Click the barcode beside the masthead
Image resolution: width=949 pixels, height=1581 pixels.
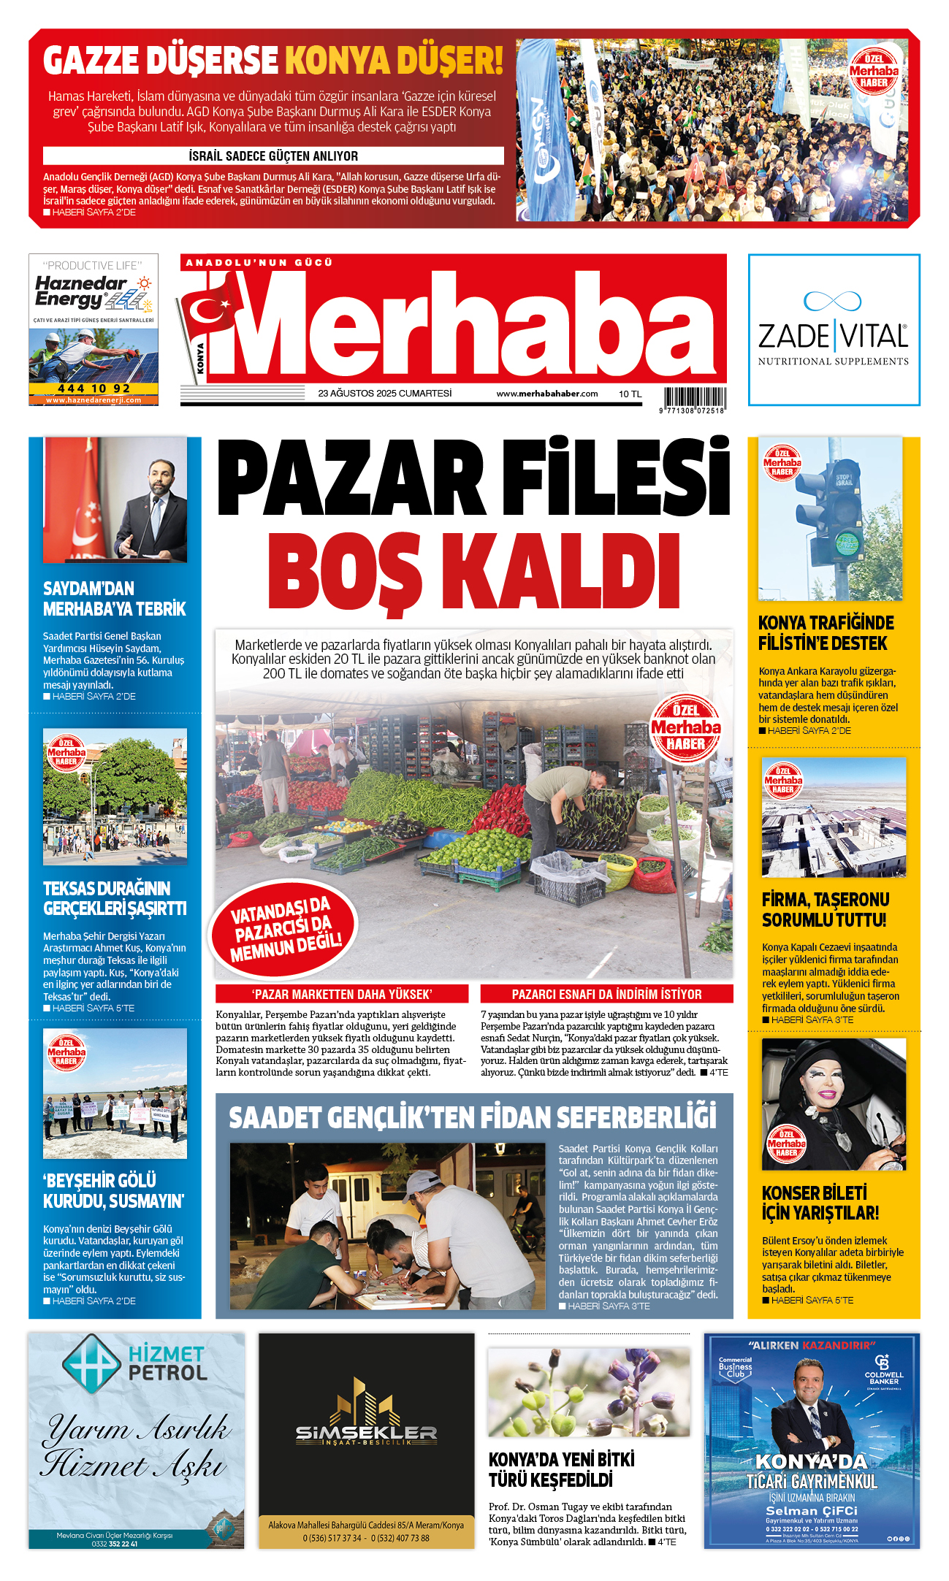pyautogui.click(x=695, y=398)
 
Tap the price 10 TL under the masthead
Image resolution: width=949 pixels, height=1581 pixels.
pyautogui.click(x=630, y=394)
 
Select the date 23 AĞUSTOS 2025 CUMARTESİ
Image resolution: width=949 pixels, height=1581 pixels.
pyautogui.click(x=384, y=394)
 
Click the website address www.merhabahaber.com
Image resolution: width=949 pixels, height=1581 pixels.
pyautogui.click(x=546, y=394)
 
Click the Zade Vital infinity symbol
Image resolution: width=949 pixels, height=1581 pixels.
pyautogui.click(x=832, y=300)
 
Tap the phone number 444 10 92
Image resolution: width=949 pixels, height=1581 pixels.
pyautogui.click(x=94, y=388)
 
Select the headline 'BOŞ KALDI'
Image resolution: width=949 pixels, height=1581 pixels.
pyautogui.click(x=473, y=573)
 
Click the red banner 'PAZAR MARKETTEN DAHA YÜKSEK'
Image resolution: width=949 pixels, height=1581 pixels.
pyautogui.click(x=342, y=994)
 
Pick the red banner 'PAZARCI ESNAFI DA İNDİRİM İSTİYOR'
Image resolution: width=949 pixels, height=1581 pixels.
pyautogui.click(x=606, y=994)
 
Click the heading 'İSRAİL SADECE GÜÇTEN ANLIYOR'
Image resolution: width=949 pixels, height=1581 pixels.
pyautogui.click(x=273, y=156)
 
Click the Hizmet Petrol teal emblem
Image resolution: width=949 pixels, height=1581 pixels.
pyautogui.click(x=91, y=1363)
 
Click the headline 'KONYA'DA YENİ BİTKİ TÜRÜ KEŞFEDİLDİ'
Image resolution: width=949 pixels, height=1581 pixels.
pyautogui.click(x=561, y=1469)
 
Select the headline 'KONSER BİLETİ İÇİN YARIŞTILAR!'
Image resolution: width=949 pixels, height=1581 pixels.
pyautogui.click(x=820, y=1203)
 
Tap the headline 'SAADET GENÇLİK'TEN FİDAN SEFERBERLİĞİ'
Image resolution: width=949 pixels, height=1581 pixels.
pyautogui.click(x=473, y=1118)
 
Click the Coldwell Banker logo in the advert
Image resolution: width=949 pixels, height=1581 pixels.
pyautogui.click(x=883, y=1369)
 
